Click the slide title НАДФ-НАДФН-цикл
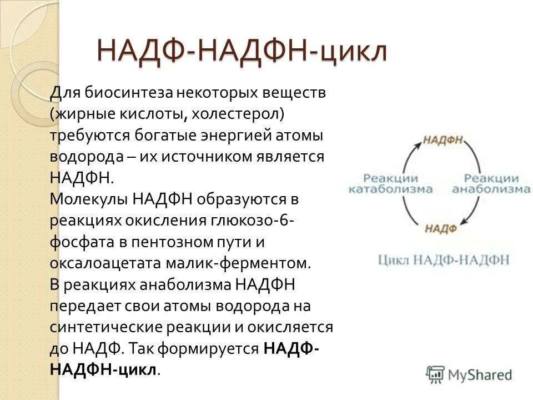242,51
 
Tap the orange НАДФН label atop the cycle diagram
443,139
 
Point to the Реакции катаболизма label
390,184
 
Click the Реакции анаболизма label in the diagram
491,184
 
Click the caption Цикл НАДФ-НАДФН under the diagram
444,260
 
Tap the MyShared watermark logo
469,374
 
